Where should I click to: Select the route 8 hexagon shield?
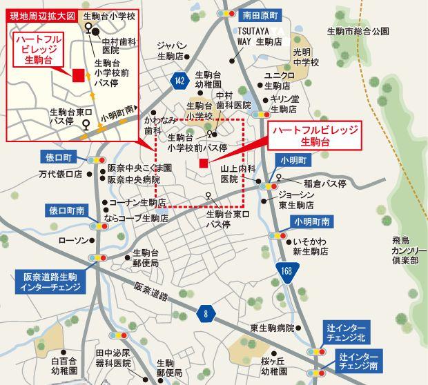205,314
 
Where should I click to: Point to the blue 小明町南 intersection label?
311,221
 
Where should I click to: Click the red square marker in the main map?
203,163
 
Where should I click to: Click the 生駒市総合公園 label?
358,31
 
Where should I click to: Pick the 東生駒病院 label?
273,327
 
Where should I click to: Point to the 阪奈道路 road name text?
150,292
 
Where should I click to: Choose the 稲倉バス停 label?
324,184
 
